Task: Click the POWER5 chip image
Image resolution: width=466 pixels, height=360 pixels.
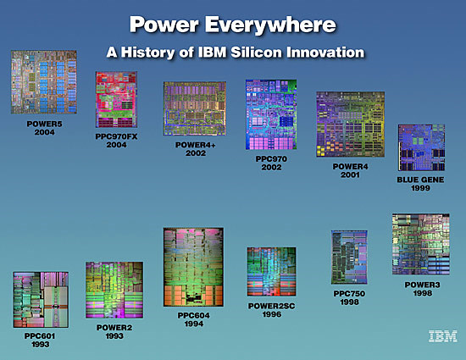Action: tap(44, 82)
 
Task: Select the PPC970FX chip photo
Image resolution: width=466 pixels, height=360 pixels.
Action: tap(117, 99)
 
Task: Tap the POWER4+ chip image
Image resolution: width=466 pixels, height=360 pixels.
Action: tap(195, 108)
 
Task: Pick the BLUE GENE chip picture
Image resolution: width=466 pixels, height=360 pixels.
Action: tap(421, 147)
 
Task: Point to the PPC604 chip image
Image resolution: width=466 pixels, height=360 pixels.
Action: tap(193, 267)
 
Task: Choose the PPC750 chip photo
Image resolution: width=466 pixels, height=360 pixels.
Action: tap(349, 258)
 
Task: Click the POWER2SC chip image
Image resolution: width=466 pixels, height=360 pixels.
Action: tap(271, 272)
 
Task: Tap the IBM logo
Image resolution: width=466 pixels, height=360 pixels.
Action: tap(443, 336)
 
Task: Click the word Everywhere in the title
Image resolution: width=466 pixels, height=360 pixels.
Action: tap(270, 25)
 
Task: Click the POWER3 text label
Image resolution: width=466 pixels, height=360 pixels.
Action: tap(422, 285)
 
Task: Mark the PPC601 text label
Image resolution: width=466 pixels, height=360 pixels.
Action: tap(40, 336)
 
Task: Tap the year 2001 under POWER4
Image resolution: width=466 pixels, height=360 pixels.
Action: tap(350, 175)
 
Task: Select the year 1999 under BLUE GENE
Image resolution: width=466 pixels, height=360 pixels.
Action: tap(420, 188)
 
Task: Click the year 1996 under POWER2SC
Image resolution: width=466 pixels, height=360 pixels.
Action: tap(272, 314)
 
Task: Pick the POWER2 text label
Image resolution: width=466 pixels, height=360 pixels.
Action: tap(114, 328)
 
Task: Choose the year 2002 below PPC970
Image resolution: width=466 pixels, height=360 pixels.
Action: tap(271, 167)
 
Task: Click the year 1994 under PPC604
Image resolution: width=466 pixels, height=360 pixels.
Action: tap(194, 324)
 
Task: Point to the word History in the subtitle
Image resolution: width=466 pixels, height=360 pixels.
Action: tap(147, 53)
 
